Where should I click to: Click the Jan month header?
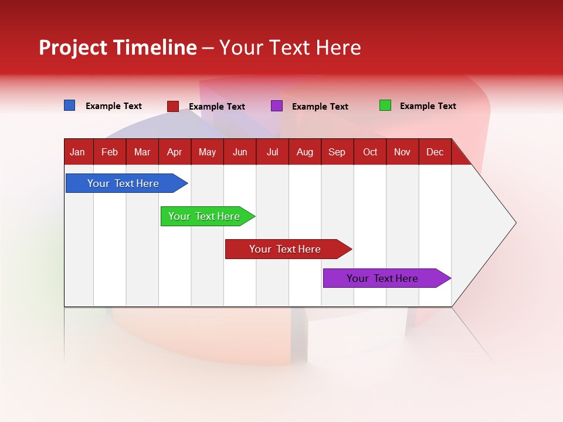coord(77,152)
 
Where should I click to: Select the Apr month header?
coord(174,152)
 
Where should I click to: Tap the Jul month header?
coord(272,152)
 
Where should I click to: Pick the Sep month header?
coord(337,152)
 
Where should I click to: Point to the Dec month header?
coord(435,152)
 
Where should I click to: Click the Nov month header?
coord(402,152)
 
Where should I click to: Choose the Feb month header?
coord(110,152)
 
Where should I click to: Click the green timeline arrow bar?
coord(205,216)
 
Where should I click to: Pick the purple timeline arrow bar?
coord(383,278)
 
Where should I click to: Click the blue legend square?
coord(69,105)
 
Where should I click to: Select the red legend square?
coord(172,106)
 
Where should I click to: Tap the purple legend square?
coord(276,106)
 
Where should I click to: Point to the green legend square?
coord(385,105)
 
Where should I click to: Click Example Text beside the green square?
coord(428,106)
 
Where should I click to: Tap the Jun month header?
coord(240,152)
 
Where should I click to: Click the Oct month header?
coord(369,152)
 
